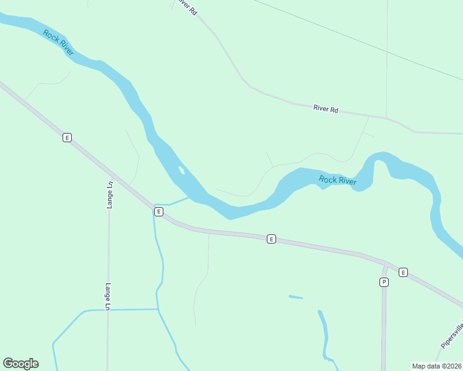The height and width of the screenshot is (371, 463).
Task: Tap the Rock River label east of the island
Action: [x=338, y=181]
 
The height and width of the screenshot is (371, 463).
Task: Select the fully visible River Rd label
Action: [x=326, y=109]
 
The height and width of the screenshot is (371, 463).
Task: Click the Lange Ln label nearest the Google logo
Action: [x=108, y=297]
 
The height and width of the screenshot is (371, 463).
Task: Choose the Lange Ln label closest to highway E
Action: [x=110, y=194]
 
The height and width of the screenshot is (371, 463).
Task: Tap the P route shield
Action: [x=384, y=282]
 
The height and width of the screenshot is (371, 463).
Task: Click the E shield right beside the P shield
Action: [x=403, y=272]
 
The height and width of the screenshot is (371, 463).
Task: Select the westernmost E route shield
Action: [x=67, y=137]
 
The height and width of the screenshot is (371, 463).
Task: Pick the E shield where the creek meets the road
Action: [x=158, y=211]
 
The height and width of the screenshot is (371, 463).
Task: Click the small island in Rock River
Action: [x=181, y=169]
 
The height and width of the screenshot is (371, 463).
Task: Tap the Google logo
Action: [x=20, y=364]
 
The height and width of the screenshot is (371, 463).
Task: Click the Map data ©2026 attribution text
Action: [x=436, y=365]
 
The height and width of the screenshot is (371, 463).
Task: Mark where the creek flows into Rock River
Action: [x=189, y=198]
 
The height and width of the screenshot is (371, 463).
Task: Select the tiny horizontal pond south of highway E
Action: [x=296, y=297]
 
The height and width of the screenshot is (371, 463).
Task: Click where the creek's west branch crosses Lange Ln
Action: [x=108, y=309]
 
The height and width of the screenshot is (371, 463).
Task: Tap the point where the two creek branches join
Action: [x=158, y=309]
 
